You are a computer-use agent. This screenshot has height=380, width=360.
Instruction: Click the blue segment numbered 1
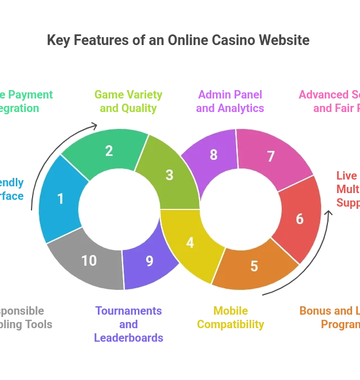(x=61, y=199)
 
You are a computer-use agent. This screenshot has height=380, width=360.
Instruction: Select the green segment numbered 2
(x=109, y=151)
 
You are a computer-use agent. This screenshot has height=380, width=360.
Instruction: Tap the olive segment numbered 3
(x=169, y=175)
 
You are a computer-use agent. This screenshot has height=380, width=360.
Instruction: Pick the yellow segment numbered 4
(x=190, y=243)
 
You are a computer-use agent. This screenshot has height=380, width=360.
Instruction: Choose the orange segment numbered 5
(x=254, y=266)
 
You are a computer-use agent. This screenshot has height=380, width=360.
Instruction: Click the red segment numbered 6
(x=299, y=218)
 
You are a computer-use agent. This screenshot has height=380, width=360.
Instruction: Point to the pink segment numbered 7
(x=271, y=157)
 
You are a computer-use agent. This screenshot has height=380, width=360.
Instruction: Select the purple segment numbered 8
(x=214, y=155)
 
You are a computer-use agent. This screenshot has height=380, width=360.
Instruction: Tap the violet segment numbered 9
(x=149, y=261)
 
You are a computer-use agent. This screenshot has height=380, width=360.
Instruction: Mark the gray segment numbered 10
(x=89, y=261)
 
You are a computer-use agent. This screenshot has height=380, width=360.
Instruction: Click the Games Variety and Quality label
(x=128, y=102)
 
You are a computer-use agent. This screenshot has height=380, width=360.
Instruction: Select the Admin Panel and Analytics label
(x=229, y=102)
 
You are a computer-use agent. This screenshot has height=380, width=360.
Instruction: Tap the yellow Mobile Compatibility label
(x=230, y=318)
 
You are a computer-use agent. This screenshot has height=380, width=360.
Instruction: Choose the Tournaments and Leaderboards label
(x=129, y=324)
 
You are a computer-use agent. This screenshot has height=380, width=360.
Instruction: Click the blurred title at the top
(x=177, y=39)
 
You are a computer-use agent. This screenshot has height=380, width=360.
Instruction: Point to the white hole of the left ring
(x=119, y=209)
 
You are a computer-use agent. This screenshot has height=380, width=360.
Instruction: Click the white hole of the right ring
(x=240, y=209)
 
